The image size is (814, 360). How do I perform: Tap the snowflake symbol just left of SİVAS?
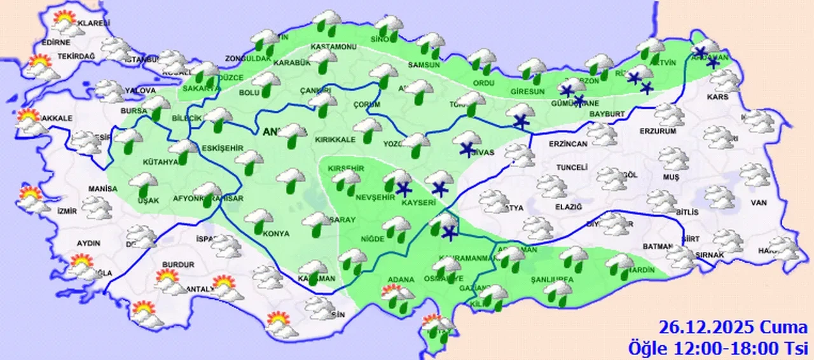click(x=467, y=150)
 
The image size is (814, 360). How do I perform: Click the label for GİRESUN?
click(x=527, y=92)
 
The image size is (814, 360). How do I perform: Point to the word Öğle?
click(x=647, y=347)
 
